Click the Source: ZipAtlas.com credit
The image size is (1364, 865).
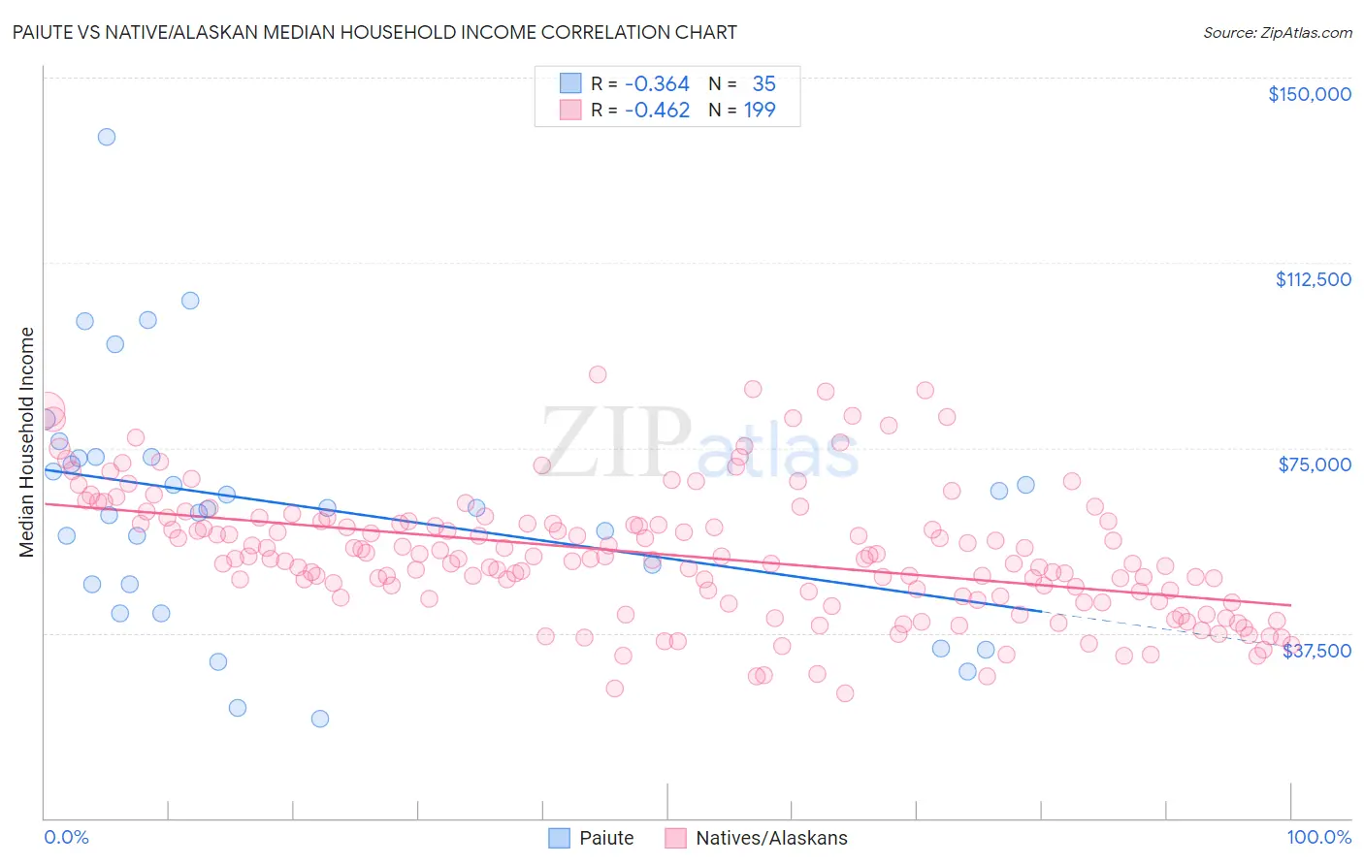point(1277,32)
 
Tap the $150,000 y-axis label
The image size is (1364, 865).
point(1309,94)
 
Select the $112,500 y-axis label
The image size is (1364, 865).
point(1313,279)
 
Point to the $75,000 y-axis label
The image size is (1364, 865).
point(1315,465)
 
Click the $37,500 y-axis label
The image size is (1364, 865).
point(1316,651)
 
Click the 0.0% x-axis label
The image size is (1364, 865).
point(66,837)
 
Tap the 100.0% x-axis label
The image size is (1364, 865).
point(1318,837)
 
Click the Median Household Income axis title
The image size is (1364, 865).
point(26,442)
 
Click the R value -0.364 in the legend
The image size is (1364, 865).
point(657,84)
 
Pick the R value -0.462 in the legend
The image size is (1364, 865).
point(657,111)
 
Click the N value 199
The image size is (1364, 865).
point(760,111)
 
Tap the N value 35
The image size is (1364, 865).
point(763,84)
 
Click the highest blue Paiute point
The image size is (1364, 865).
point(107,137)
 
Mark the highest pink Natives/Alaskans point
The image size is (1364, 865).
point(598,374)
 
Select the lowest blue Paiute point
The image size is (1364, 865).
point(320,719)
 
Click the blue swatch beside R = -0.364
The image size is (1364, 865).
point(570,84)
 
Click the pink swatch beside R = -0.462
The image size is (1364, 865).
point(570,111)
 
